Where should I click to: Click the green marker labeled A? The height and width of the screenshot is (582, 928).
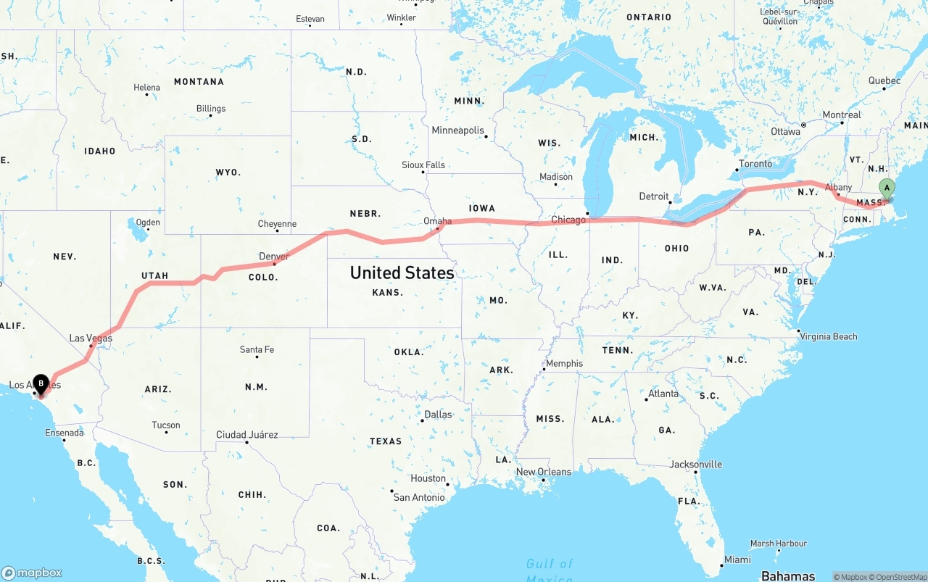coord(886,188)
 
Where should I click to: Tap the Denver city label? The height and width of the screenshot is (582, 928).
coord(274,257)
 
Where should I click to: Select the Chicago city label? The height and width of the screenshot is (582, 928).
coord(568,220)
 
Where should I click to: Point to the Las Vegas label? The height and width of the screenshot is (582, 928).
coord(91,338)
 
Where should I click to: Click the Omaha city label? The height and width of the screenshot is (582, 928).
coord(438,221)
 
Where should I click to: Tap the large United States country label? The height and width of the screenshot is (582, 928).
coord(402,273)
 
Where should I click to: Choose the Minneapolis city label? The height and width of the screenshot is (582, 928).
coord(457,130)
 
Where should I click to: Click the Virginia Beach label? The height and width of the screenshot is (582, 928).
coord(828,336)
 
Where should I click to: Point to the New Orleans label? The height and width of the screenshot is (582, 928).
coord(544,472)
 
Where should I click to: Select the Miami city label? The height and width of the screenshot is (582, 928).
coord(737,560)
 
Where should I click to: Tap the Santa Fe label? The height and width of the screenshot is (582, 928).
coord(257,350)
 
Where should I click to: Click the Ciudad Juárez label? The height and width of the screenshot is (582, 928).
coord(246,435)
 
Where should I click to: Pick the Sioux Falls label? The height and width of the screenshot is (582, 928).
coord(423,165)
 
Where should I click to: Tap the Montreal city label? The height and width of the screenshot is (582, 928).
coord(842,115)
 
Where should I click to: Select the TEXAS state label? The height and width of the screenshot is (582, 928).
coord(386,441)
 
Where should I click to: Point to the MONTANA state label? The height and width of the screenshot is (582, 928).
coord(199,82)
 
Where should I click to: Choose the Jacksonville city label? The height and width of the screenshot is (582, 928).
coord(696,464)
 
